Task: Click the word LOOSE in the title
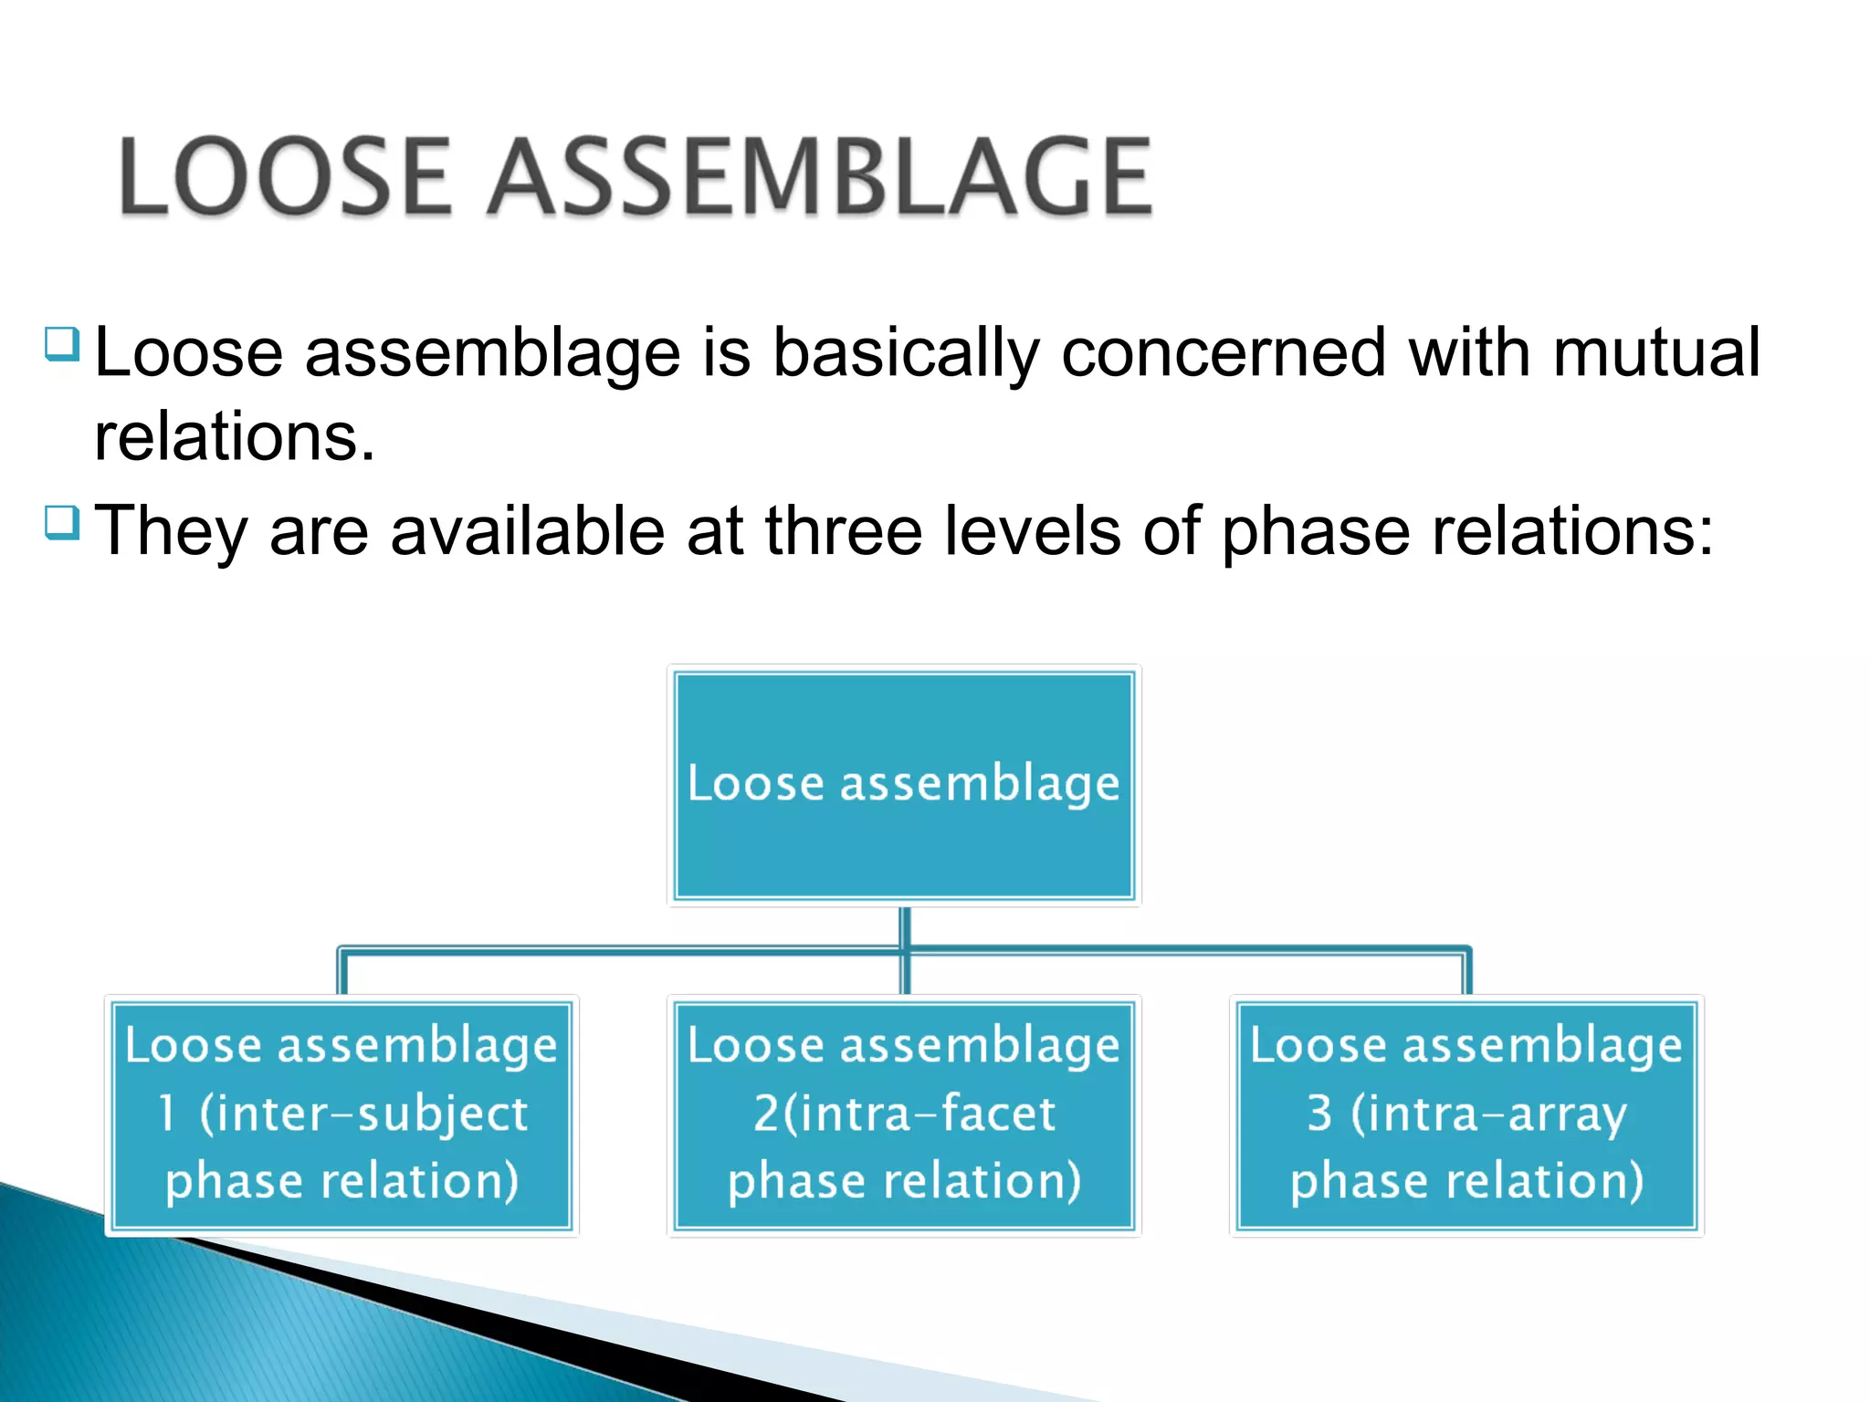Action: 285,177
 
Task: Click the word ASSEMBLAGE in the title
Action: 819,177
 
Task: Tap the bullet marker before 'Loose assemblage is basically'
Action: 62,345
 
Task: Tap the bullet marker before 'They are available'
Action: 62,523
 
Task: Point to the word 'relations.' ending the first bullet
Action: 235,436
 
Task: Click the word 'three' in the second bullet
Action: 843,530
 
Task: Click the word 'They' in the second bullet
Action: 171,532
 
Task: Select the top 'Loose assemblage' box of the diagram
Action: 904,785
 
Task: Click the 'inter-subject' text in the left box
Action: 363,1114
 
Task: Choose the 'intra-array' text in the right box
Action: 1488,1114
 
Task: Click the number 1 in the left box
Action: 166,1114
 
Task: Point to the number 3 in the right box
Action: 1319,1114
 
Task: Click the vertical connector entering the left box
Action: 342,973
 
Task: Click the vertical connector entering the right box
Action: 1467,973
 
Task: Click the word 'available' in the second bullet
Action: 528,530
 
